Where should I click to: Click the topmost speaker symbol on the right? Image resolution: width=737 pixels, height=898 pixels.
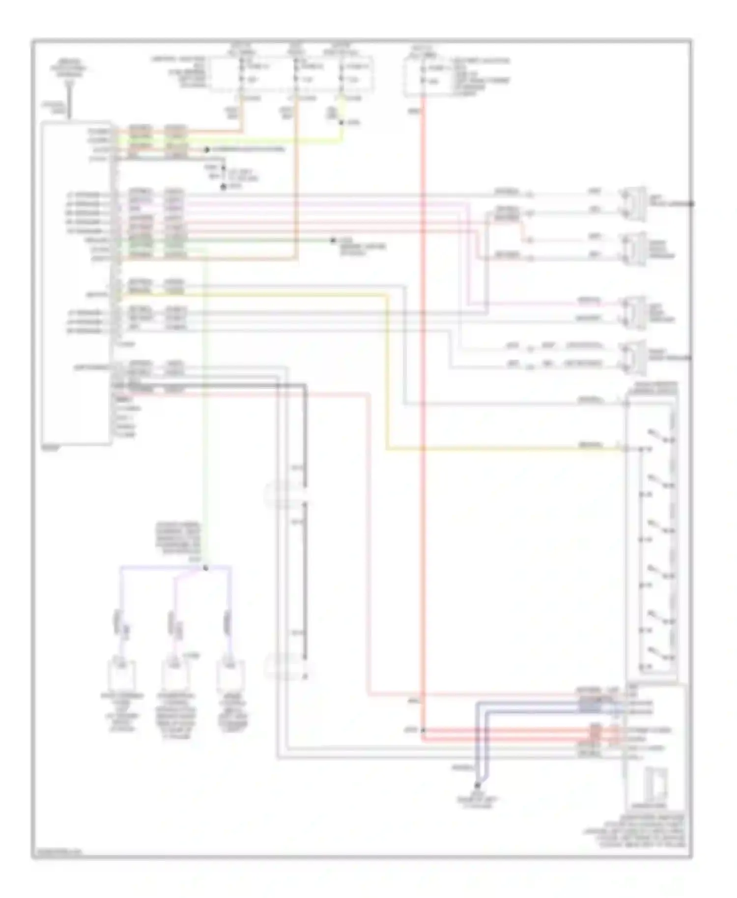coord(634,201)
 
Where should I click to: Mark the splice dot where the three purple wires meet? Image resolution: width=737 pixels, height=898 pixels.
coord(205,568)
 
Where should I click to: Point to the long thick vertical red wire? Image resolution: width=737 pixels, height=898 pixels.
coord(423,393)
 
